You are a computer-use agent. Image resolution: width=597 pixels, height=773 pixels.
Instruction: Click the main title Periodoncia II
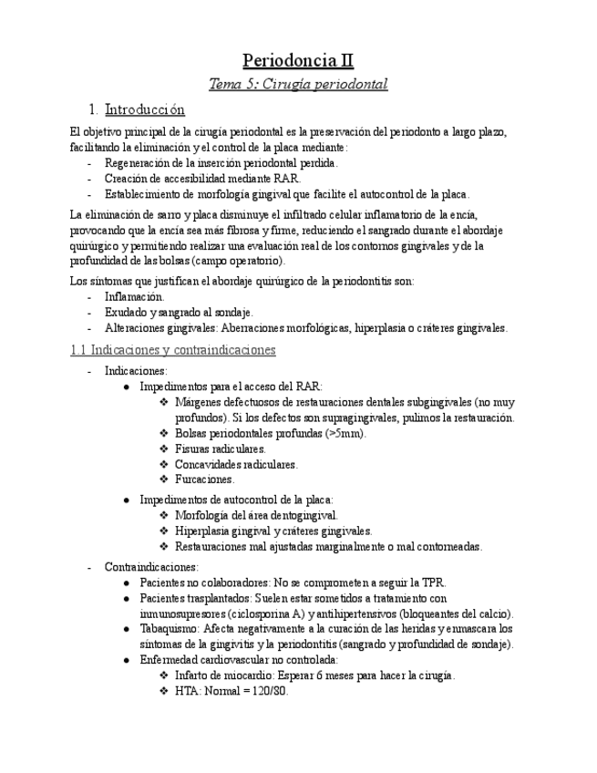pyautogui.click(x=298, y=61)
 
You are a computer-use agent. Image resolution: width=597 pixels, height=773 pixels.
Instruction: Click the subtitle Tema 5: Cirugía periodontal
pyautogui.click(x=298, y=84)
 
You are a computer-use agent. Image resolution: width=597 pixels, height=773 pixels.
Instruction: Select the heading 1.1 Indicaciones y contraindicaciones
pyautogui.click(x=172, y=350)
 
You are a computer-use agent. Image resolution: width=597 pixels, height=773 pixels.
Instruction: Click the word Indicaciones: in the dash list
pyautogui.click(x=136, y=371)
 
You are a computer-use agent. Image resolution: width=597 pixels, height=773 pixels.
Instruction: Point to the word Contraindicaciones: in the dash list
pyautogui.click(x=150, y=566)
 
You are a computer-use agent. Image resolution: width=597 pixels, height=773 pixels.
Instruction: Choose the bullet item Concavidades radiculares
pyautogui.click(x=235, y=464)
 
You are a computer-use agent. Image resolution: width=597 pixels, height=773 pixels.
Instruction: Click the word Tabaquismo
pyautogui.click(x=170, y=629)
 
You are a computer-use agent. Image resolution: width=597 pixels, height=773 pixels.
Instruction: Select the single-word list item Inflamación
pyautogui.click(x=134, y=297)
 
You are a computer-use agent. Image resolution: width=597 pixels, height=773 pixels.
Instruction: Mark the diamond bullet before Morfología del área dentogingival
pyautogui.click(x=164, y=516)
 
